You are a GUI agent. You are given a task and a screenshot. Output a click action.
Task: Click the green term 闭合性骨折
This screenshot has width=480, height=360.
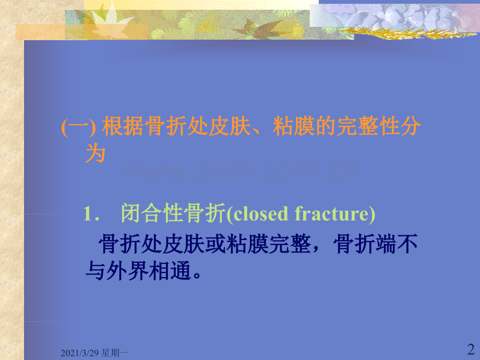173,214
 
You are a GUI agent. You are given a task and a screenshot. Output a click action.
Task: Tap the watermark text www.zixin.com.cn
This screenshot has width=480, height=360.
240,171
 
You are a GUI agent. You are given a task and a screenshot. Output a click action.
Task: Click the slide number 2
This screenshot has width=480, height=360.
470,348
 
